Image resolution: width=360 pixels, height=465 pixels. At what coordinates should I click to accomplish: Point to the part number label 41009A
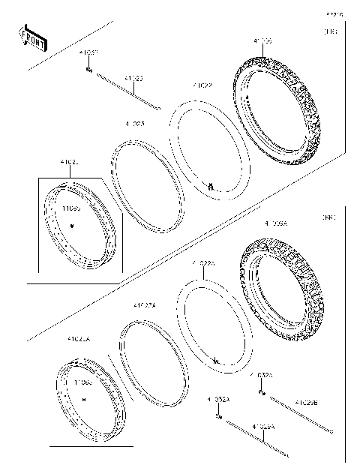point(275,223)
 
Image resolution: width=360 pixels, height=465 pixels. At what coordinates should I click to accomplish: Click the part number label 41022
point(202,85)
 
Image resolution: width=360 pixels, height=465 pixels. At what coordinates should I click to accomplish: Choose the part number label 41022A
point(202,265)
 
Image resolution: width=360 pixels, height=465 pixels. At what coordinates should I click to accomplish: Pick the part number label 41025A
point(144,305)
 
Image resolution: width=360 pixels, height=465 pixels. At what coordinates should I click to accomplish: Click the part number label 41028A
point(263,426)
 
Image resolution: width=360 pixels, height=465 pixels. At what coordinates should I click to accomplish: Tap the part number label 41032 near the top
point(89,53)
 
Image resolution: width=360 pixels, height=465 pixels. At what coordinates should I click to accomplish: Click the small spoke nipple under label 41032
point(88,69)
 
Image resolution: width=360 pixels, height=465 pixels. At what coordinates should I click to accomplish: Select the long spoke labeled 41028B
point(300,415)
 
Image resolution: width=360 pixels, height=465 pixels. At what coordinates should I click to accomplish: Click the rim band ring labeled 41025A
point(154,360)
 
